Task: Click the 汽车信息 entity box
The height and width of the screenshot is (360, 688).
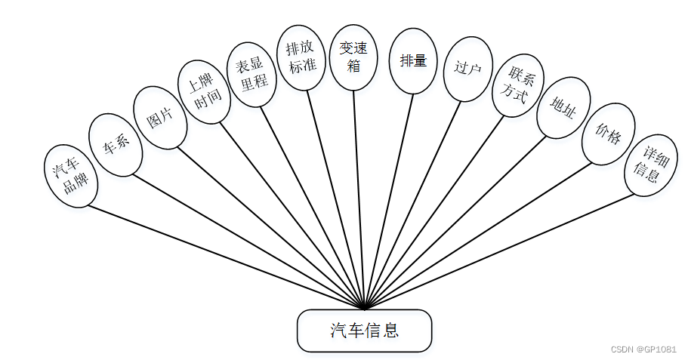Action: pos(364,331)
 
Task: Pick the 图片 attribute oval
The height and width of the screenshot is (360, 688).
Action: pos(159,117)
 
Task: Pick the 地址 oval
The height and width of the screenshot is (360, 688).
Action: pos(563,108)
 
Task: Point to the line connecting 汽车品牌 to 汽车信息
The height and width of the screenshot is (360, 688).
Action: pos(227,257)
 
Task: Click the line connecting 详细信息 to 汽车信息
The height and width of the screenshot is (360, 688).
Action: pos(498,252)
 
